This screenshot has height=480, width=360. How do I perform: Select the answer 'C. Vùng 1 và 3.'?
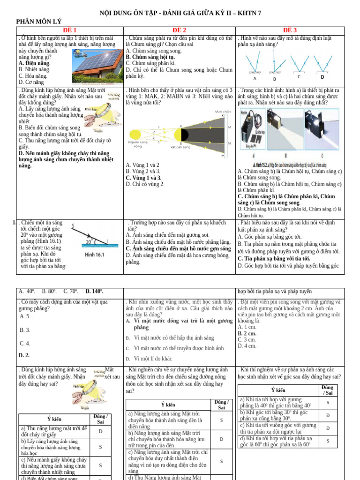click(x=143, y=178)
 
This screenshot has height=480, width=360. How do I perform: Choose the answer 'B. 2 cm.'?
click(x=247, y=333)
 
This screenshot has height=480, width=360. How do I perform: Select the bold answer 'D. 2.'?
click(x=24, y=355)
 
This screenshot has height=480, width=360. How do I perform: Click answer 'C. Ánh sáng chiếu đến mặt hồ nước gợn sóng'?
click(x=178, y=248)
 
